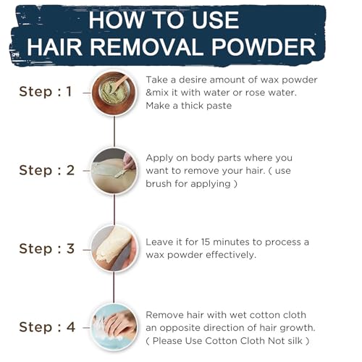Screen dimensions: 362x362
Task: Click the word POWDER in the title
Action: point(264,46)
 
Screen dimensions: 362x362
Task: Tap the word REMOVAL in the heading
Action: point(147,46)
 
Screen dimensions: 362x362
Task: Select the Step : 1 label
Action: point(46,92)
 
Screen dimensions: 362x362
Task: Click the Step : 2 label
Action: point(46,170)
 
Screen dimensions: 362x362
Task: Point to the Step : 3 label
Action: point(46,249)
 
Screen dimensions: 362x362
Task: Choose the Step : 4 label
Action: point(47,327)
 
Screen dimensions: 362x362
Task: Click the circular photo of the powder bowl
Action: point(114,93)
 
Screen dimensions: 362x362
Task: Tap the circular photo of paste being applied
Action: point(114,171)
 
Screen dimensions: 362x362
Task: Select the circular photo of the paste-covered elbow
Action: point(114,249)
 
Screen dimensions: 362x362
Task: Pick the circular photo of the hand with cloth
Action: point(114,327)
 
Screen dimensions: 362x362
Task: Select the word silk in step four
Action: point(295,340)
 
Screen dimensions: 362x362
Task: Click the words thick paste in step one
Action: point(206,106)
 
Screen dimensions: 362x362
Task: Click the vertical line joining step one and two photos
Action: point(114,132)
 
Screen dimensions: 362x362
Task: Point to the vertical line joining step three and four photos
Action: point(114,288)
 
